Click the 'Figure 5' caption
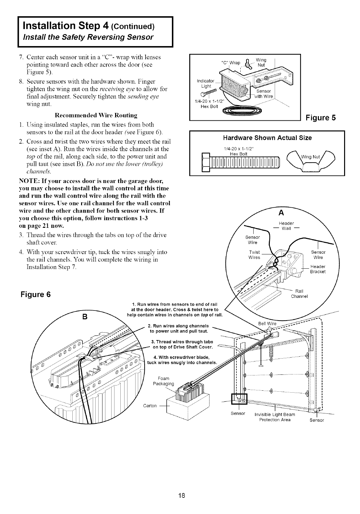[321, 118]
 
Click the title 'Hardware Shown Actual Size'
[268, 138]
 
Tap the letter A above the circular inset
[281, 213]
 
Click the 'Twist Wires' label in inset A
[254, 255]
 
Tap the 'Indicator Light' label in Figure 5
[206, 83]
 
